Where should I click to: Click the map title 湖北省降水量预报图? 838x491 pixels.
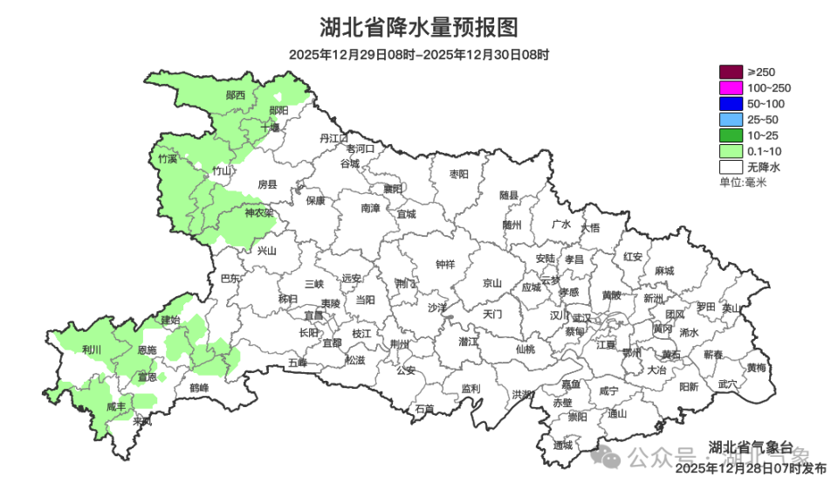point(419,27)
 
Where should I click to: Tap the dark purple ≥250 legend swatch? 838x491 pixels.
point(730,72)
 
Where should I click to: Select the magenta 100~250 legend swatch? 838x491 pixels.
point(730,87)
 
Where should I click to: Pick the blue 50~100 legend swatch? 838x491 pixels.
point(730,103)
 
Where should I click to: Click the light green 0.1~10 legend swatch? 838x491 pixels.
point(730,150)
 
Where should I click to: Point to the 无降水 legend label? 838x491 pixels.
point(764,166)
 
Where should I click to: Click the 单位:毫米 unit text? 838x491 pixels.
point(742,182)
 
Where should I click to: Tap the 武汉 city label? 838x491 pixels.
point(582,318)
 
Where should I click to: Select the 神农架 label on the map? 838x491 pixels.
point(259,212)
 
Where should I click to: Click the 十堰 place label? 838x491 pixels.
point(270,128)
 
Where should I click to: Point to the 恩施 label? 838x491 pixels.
point(148,349)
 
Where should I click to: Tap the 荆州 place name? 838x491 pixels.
point(400,344)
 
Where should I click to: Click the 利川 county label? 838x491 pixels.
point(92,349)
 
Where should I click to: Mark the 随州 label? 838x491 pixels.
point(512,225)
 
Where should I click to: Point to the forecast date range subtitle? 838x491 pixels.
point(419,54)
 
